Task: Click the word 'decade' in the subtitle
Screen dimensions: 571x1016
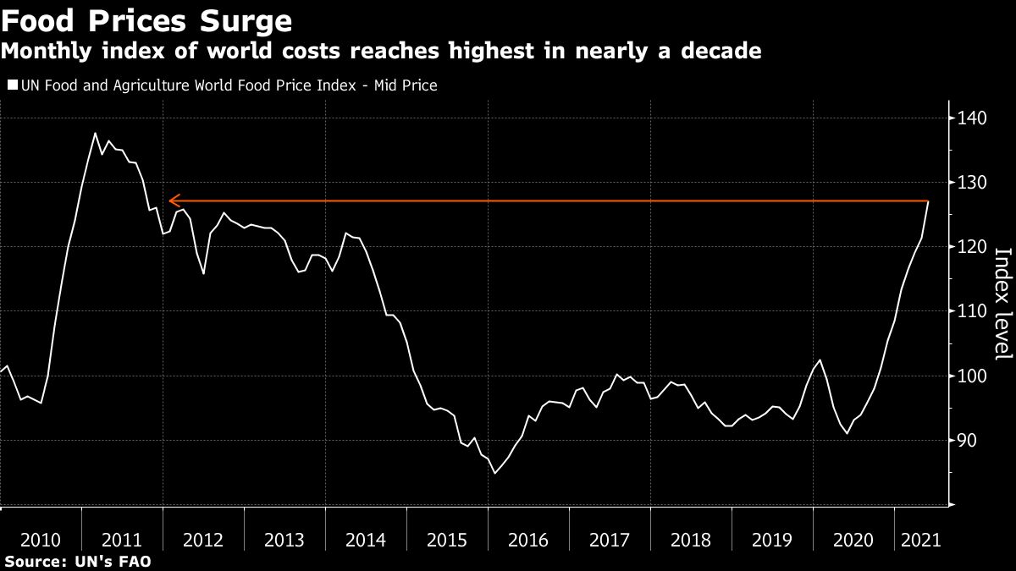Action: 718,52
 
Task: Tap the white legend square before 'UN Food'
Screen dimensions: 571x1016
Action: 12,85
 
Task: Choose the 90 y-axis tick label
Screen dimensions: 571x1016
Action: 968,440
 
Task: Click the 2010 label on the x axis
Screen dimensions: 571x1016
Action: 41,540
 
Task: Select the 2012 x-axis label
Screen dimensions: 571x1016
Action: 203,540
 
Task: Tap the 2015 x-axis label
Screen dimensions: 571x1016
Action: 447,540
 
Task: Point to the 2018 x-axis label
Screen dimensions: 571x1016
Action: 691,540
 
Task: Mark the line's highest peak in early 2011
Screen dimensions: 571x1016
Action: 95,134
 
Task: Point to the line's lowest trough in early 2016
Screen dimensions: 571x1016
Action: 494,473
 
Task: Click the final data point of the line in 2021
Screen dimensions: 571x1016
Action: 929,201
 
